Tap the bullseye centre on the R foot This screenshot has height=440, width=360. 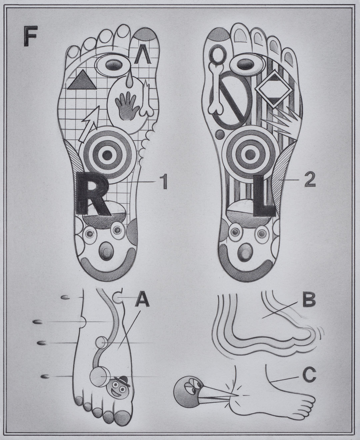[107, 155]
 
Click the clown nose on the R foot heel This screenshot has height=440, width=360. [107, 250]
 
